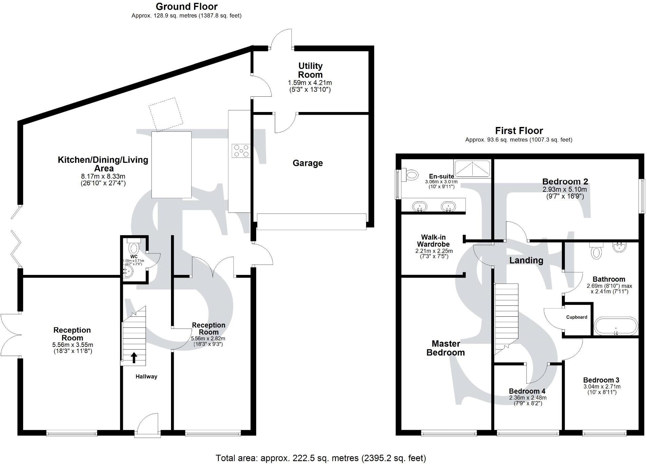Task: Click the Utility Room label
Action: coord(310,70)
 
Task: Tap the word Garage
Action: coord(307,163)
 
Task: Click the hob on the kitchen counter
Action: coord(241,151)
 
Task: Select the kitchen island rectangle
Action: coord(171,165)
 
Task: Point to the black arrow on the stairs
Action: coord(134,357)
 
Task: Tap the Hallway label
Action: coord(146,376)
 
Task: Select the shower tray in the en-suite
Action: coord(472,169)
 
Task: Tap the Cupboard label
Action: coord(576,317)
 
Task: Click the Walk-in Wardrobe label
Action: coord(433,241)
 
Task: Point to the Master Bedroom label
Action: coord(445,348)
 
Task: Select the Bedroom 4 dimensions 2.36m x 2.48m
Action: coord(528,398)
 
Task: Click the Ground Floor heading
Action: coord(187,6)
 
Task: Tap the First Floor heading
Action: coord(519,131)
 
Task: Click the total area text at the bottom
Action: coord(321,458)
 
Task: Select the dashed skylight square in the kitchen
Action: coord(166,114)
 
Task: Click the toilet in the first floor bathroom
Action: coord(596,252)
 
